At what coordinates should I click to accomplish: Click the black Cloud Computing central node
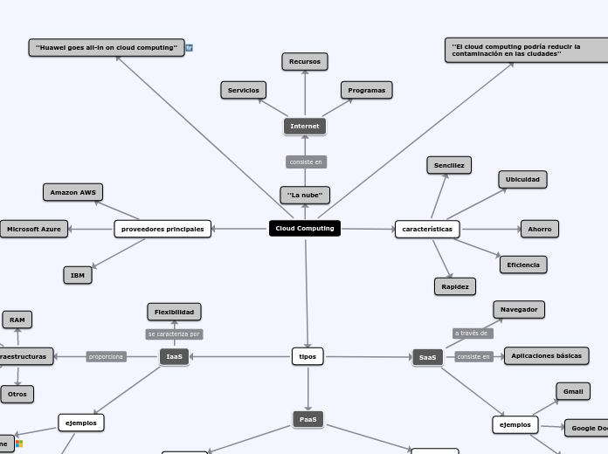pos(304,229)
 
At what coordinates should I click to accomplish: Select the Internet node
pos(305,127)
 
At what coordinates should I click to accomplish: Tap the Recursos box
pos(305,61)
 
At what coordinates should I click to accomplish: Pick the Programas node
pos(366,90)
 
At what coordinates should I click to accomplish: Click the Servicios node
pos(244,90)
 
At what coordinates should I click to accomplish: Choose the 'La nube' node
pos(305,195)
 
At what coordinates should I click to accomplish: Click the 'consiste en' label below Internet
pos(306,162)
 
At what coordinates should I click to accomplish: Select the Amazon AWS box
pos(73,192)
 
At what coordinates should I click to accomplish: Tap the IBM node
pos(78,275)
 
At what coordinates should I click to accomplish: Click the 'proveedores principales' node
pos(162,229)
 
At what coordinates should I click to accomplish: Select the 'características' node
pos(427,229)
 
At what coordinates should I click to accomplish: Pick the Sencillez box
pos(449,165)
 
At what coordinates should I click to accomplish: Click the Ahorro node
pos(540,229)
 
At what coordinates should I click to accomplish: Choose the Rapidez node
pos(455,286)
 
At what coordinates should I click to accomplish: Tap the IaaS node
pos(175,356)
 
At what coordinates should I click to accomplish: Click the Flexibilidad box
pos(174,312)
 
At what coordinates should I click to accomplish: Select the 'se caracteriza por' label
pos(174,334)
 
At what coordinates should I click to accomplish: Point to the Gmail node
pos(573,391)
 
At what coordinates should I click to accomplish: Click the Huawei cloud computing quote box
pos(107,47)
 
